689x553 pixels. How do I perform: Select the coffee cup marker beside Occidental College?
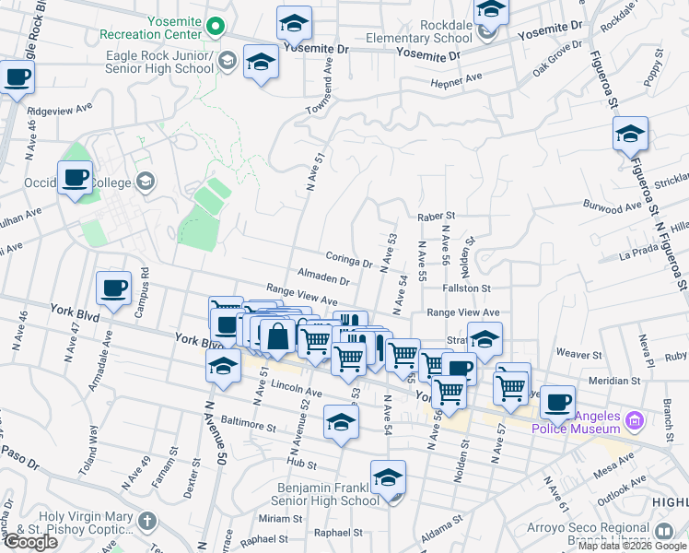pos(75,177)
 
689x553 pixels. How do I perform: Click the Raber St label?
pos(437,218)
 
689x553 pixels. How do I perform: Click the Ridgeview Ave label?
pos(60,110)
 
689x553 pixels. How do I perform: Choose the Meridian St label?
pos(614,381)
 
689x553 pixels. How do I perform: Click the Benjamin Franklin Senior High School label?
pos(321,493)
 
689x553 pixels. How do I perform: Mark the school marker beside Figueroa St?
pos(631,134)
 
